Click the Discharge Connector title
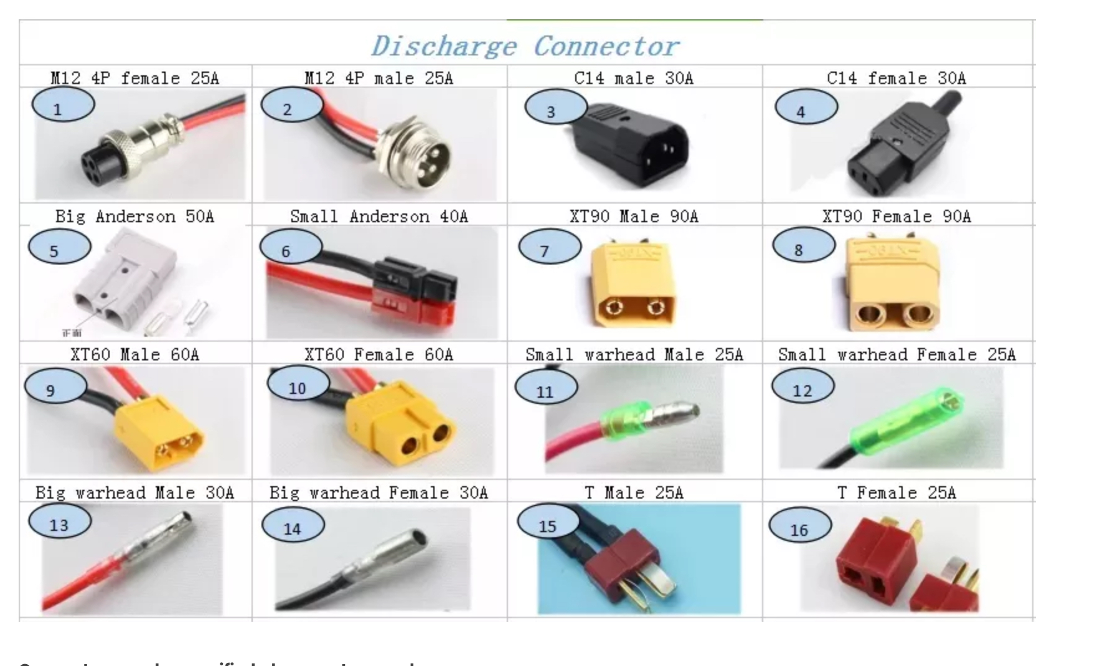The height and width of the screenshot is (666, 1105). (x=525, y=46)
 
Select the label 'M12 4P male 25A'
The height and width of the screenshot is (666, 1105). (x=379, y=78)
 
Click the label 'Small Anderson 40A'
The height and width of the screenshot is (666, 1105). (x=379, y=217)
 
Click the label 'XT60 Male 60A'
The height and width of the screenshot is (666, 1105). (x=134, y=355)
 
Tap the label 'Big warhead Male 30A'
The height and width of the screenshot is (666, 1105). (x=134, y=493)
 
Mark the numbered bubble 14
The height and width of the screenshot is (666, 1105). (x=293, y=525)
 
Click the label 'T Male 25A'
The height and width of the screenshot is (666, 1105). (x=634, y=493)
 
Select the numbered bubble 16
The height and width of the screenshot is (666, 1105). (x=799, y=526)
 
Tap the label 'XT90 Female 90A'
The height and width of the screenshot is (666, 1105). (x=896, y=217)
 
